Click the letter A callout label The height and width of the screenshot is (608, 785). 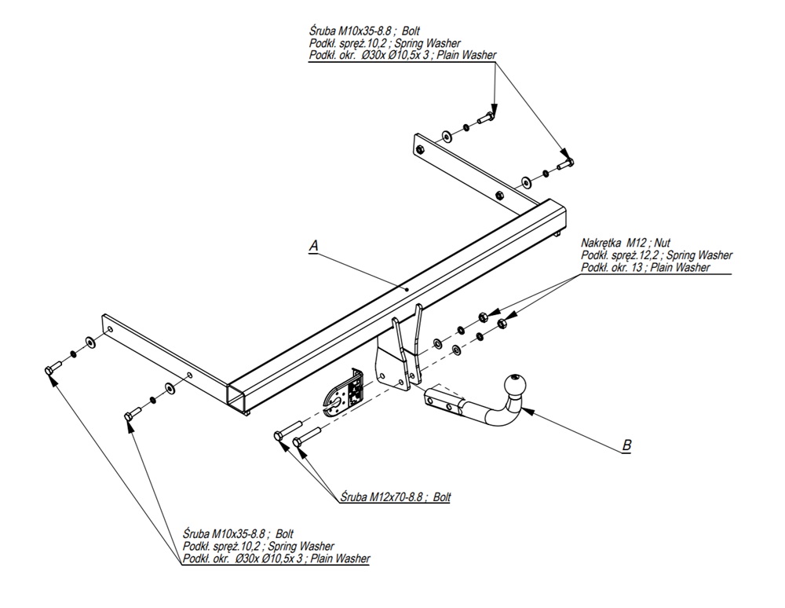pyautogui.click(x=313, y=246)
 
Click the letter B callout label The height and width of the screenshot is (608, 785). pyautogui.click(x=626, y=445)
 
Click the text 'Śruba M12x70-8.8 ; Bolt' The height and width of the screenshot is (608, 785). pyautogui.click(x=396, y=496)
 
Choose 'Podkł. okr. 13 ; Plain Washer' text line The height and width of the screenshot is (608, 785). pyautogui.click(x=645, y=268)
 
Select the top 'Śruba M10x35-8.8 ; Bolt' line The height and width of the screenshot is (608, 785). pyautogui.click(x=365, y=31)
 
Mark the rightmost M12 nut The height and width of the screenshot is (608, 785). pyautogui.click(x=504, y=320)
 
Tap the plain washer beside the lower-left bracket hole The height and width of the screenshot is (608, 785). pyautogui.click(x=170, y=388)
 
